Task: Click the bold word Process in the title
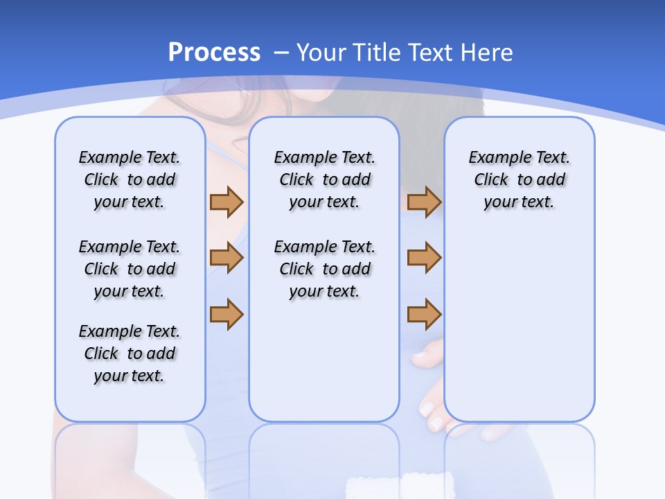[214, 53]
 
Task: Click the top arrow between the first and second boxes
[227, 202]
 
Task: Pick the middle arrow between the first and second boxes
[227, 258]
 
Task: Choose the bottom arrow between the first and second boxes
[227, 314]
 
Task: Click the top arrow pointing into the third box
[424, 202]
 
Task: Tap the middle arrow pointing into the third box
[424, 258]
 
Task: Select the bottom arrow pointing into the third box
[424, 314]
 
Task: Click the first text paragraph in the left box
[130, 180]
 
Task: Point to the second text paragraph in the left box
[130, 269]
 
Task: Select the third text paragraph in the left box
[130, 353]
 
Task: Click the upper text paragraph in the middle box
[324, 180]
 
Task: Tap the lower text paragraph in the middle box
[324, 269]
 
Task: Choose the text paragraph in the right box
[519, 180]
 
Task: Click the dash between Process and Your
[281, 53]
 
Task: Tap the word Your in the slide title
[321, 53]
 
